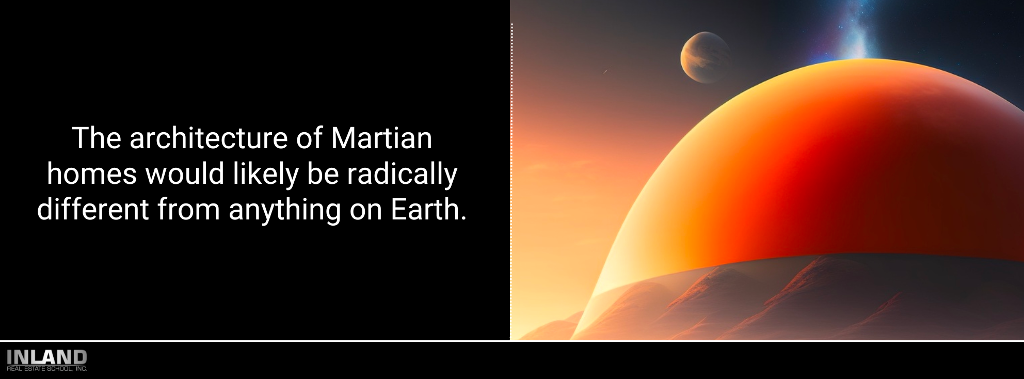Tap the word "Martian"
coord(381,138)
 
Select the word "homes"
coord(92,174)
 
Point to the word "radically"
coord(402,175)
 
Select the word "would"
coord(185,174)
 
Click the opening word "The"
coord(97,138)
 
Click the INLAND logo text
coord(47,357)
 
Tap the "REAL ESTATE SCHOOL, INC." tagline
coord(47,369)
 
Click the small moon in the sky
coord(705,57)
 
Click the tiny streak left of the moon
coord(605,71)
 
